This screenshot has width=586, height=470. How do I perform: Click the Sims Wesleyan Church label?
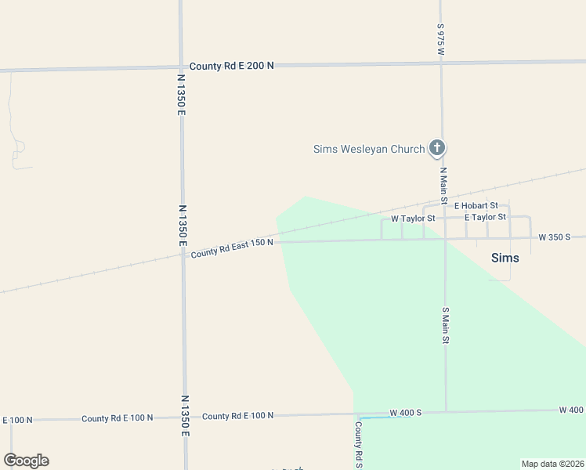(368, 149)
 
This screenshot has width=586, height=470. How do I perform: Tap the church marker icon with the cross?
(437, 148)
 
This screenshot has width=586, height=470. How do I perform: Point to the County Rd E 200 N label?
(232, 66)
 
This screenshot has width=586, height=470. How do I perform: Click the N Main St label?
(443, 186)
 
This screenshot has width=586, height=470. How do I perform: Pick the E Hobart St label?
(476, 205)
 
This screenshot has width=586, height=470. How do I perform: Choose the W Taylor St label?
(412, 218)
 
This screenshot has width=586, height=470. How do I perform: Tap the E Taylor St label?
(485, 217)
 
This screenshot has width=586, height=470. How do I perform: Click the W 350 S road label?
(554, 237)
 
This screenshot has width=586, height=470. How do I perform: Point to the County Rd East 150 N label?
(232, 248)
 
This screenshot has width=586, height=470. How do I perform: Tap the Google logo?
(26, 461)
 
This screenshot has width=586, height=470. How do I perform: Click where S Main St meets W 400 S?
(446, 412)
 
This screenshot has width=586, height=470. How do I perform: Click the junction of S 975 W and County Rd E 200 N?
(441, 63)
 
